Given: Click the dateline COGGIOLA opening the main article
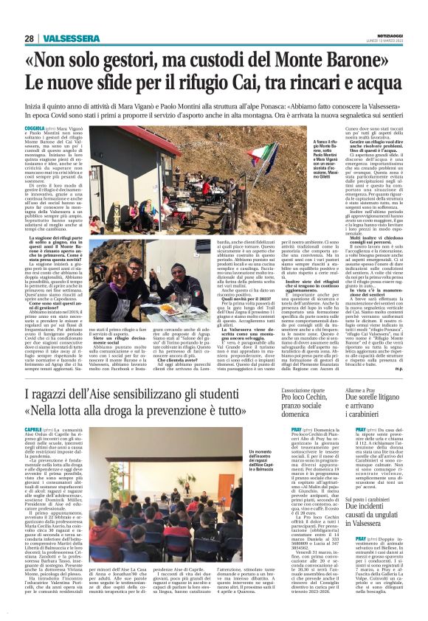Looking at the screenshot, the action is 35,128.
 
